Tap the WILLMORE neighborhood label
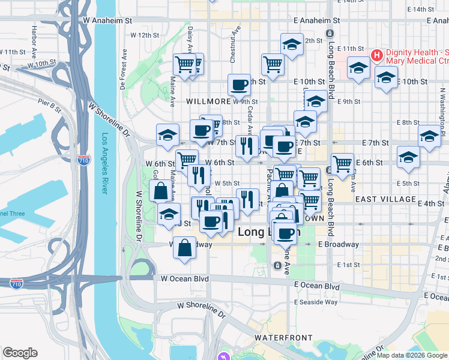208,101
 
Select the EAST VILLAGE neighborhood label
385,199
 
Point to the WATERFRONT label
279,338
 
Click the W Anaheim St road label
107,20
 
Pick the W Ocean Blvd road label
184,278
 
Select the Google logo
20,353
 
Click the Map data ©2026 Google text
411,355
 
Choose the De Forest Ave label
122,68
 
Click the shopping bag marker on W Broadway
185,247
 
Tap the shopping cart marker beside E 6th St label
342,163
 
